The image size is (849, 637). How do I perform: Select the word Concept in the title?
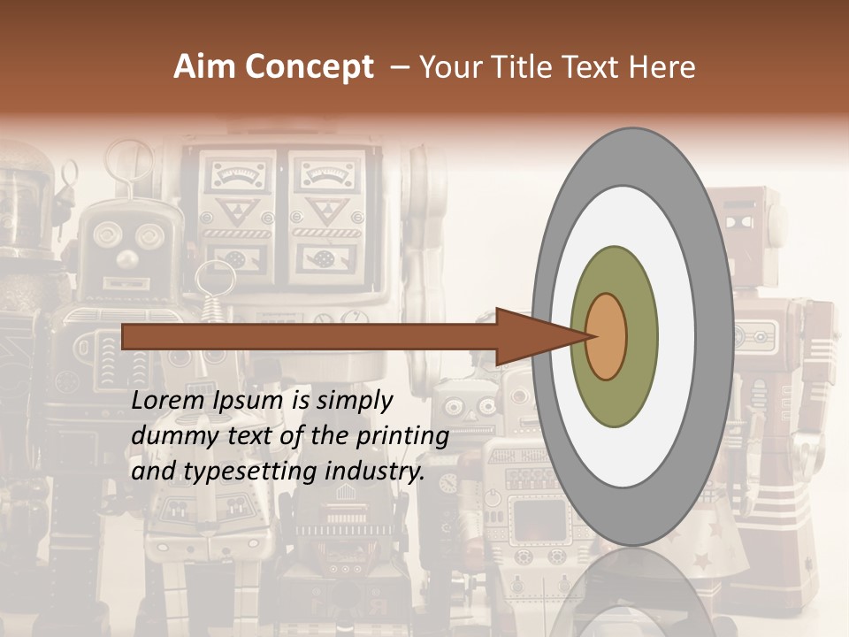pos(309,68)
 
